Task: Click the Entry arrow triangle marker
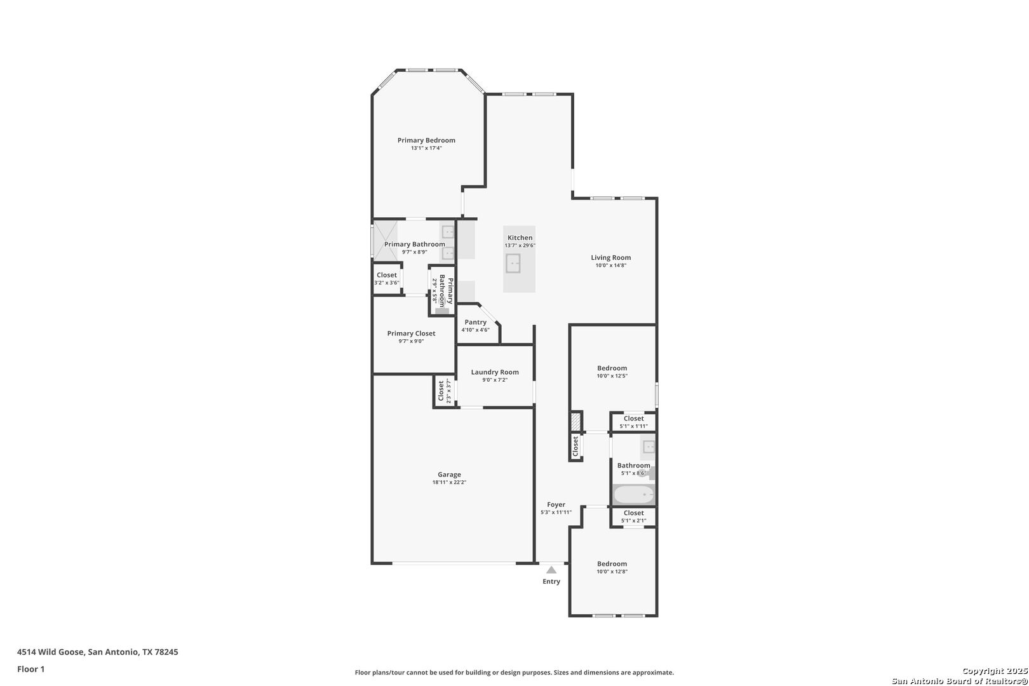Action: (x=551, y=570)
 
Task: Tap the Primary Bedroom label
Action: (x=426, y=140)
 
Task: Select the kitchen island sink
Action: (x=513, y=263)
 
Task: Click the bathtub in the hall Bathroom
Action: (x=634, y=495)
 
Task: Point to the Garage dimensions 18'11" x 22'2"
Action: (x=449, y=483)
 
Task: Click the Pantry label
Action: (x=476, y=322)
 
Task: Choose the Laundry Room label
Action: (x=495, y=372)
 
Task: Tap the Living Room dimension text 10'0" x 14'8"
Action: (x=611, y=265)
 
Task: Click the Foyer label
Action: (x=556, y=504)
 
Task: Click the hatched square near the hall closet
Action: (x=575, y=421)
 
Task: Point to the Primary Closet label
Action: (x=411, y=333)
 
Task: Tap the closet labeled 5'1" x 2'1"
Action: (x=633, y=517)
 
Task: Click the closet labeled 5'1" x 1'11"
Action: (x=633, y=422)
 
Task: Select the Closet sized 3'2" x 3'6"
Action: (x=387, y=278)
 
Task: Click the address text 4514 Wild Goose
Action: (x=51, y=652)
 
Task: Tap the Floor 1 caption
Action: (x=30, y=669)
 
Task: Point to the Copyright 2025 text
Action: (x=995, y=671)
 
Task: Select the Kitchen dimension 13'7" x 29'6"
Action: (x=520, y=245)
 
